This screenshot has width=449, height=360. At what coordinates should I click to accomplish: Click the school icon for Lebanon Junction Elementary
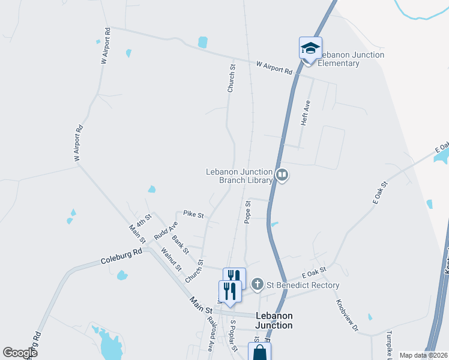311,47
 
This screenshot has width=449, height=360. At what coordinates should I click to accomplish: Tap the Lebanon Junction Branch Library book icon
282,175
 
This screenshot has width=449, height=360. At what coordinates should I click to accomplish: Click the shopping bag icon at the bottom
260,353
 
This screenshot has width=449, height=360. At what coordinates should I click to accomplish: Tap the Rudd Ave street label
166,229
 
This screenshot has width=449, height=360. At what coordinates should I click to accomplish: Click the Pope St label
247,212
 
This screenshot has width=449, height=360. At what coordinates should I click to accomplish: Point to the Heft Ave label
306,113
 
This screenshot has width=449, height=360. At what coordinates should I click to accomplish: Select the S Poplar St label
235,332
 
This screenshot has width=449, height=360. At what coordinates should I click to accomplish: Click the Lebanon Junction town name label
274,320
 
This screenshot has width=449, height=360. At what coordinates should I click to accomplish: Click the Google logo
20,353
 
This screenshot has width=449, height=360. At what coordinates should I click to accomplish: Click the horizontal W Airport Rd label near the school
274,67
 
